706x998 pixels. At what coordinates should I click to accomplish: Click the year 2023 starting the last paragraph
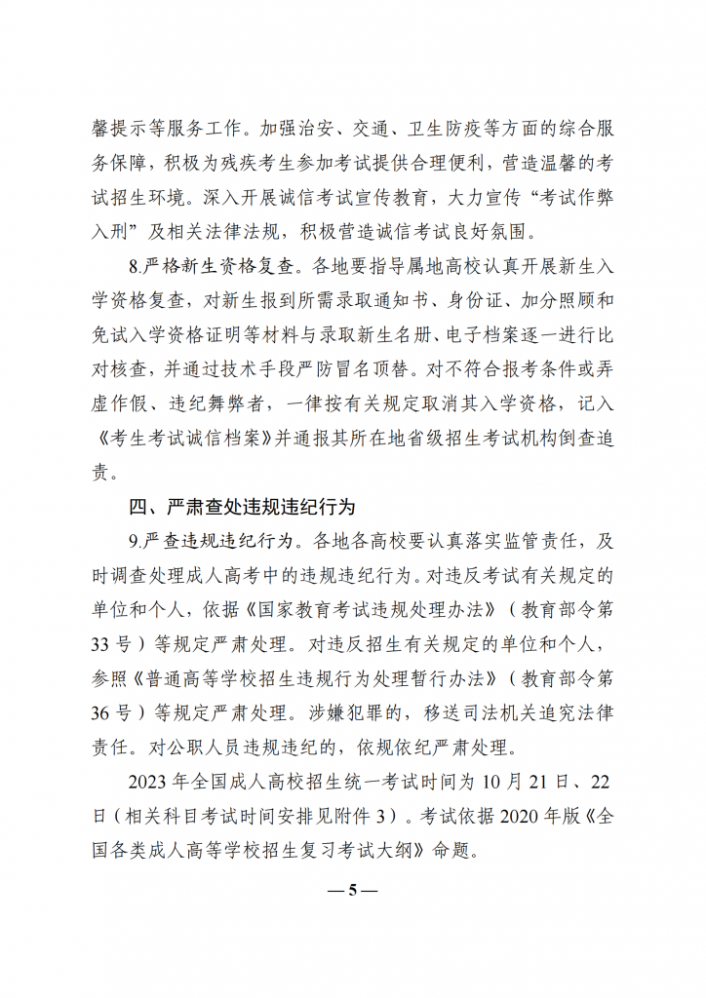[148, 784]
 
